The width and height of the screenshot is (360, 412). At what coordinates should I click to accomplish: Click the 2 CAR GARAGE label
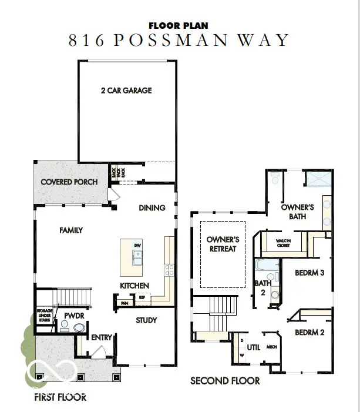pyautogui.click(x=127, y=91)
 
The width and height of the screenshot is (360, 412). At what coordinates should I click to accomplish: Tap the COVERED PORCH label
pyautogui.click(x=69, y=182)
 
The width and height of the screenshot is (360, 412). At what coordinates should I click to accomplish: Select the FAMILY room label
pyautogui.click(x=71, y=230)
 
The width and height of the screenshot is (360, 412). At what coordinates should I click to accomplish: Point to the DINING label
pyautogui.click(x=152, y=207)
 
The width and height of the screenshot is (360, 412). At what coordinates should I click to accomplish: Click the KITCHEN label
pyautogui.click(x=134, y=286)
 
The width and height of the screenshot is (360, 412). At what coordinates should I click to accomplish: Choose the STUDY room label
pyautogui.click(x=146, y=320)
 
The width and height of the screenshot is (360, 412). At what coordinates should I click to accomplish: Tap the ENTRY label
pyautogui.click(x=102, y=337)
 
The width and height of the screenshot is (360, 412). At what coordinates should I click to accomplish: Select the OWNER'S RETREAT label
pyautogui.click(x=223, y=244)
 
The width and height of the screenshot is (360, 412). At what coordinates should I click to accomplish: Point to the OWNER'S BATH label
pyautogui.click(x=298, y=212)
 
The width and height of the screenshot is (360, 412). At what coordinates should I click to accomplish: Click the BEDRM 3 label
pyautogui.click(x=310, y=273)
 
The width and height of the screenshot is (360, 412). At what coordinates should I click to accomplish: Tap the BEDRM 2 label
pyautogui.click(x=310, y=332)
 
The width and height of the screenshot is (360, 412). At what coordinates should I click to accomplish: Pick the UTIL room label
pyautogui.click(x=254, y=347)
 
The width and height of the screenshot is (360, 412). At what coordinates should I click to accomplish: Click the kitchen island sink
pyautogui.click(x=137, y=257)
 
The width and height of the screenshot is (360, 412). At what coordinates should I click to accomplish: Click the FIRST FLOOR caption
pyautogui.click(x=60, y=397)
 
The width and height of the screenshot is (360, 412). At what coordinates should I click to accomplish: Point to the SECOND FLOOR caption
pyautogui.click(x=225, y=381)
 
